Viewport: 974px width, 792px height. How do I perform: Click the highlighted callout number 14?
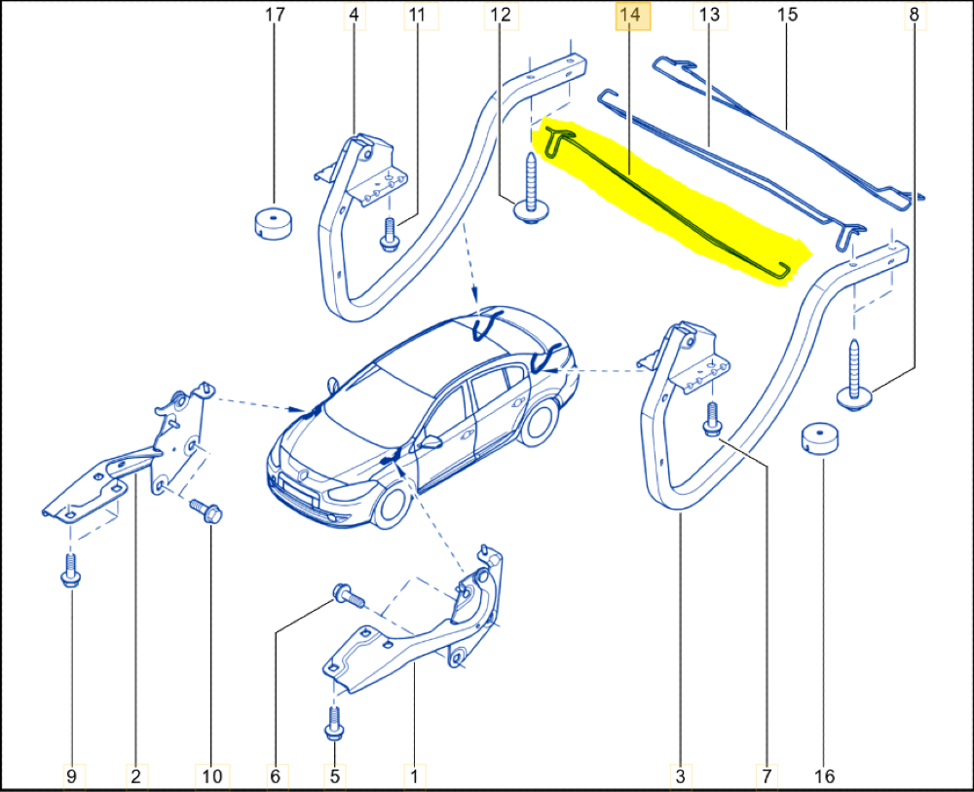click(631, 15)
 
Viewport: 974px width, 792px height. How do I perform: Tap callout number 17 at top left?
click(275, 15)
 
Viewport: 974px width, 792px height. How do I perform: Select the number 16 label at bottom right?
click(824, 775)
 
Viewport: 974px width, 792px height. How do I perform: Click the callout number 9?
click(71, 775)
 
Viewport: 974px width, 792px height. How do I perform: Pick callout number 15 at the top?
click(787, 15)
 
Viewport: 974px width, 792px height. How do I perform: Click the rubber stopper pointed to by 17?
click(274, 223)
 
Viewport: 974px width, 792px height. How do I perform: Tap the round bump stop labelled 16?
click(818, 439)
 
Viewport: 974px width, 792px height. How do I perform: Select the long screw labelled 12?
click(530, 188)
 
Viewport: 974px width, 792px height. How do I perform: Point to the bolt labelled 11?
click(390, 235)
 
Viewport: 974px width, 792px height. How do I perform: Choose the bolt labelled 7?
click(712, 419)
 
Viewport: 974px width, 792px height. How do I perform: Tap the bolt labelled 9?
click(70, 570)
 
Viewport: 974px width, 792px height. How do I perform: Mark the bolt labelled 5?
click(334, 724)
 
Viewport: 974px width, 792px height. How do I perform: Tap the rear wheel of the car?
click(539, 423)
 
